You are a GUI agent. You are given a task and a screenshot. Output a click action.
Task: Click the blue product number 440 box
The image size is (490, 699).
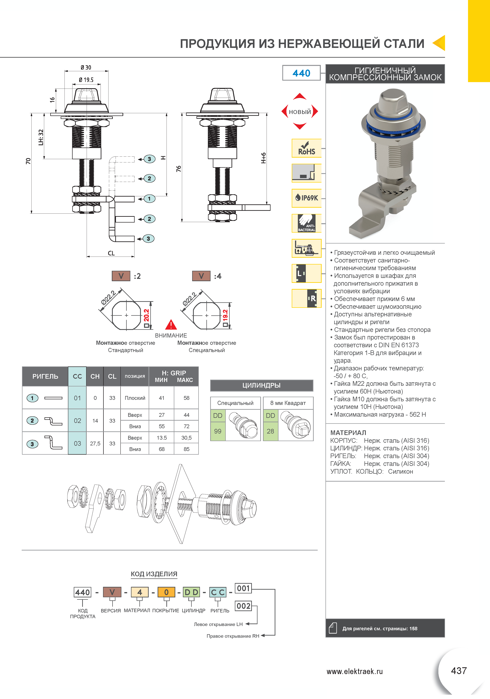click(x=301, y=73)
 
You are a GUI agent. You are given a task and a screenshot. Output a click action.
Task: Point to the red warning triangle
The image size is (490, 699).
click(x=171, y=325)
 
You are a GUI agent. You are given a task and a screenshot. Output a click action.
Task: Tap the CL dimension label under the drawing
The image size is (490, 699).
click(x=111, y=253)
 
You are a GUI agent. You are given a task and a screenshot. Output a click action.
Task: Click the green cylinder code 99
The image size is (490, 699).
click(x=218, y=431)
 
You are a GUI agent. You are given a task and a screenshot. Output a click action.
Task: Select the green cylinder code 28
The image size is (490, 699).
click(x=270, y=431)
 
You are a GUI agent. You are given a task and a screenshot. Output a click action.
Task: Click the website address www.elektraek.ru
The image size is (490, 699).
click(x=354, y=671)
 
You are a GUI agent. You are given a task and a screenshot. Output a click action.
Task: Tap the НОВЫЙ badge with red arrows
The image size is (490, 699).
click(x=300, y=112)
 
